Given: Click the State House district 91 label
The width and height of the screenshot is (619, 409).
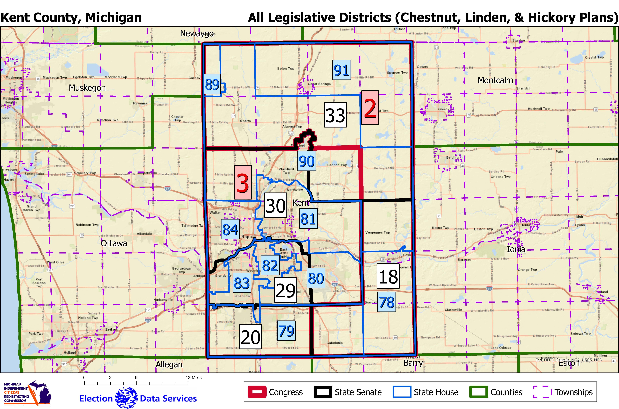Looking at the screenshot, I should coord(341,70).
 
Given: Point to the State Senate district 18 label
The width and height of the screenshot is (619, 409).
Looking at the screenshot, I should coord(388,276).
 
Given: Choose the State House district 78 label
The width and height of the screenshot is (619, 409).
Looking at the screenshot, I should coord(387,302).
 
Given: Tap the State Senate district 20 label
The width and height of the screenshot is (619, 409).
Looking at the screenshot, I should coord(250,337).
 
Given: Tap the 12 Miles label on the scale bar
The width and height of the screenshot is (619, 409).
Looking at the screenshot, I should coord(194,377).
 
